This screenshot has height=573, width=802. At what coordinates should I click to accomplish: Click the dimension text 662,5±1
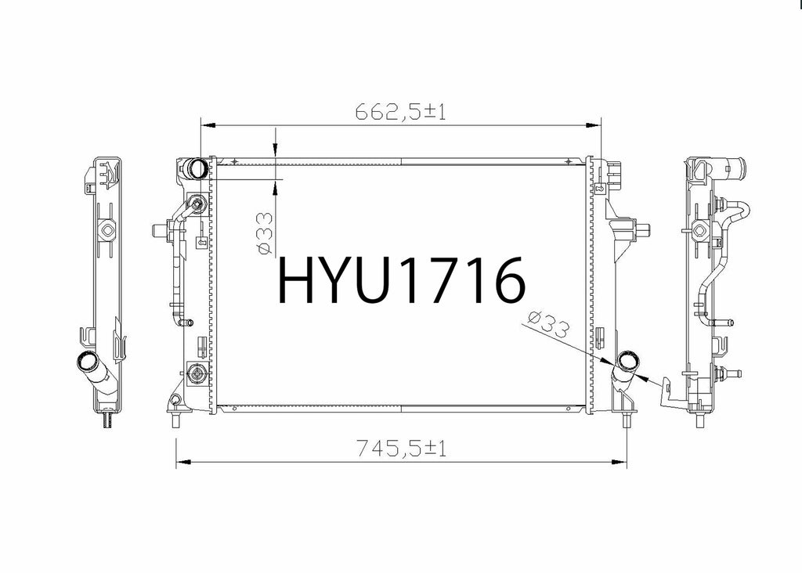[x=400, y=111]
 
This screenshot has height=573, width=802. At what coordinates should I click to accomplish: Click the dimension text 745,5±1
[x=401, y=449]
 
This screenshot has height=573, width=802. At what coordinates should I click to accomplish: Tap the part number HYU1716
[x=401, y=280]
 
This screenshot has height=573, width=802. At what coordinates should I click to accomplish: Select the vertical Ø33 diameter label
[x=265, y=233]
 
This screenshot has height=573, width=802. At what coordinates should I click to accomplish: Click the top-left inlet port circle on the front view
[x=197, y=168]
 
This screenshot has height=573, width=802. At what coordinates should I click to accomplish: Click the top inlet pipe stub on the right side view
[x=734, y=167]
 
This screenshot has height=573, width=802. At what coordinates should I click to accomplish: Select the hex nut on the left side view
[x=108, y=230]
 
